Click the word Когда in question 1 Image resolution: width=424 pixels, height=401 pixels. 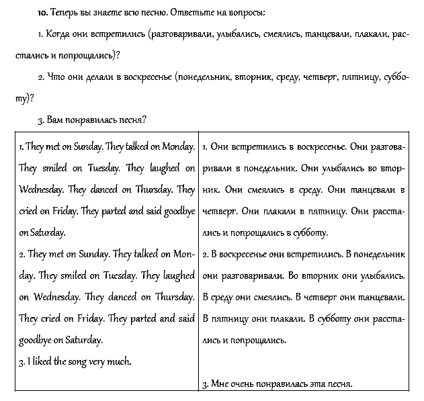(x=57, y=34)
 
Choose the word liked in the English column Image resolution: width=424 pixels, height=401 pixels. (x=42, y=361)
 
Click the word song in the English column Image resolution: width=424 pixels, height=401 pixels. (x=80, y=361)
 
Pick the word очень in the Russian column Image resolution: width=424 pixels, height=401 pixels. (x=246, y=384)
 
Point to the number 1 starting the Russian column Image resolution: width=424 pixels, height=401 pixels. (x=204, y=146)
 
